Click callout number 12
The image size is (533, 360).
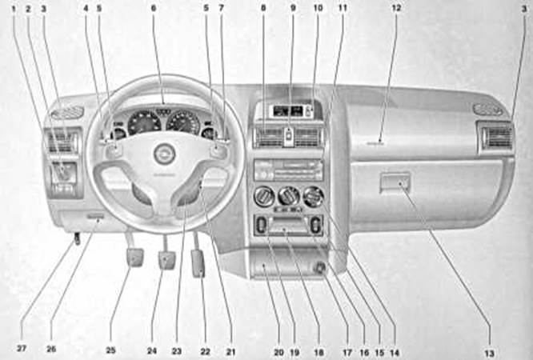tap(395, 8)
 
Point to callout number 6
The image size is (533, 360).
tap(153, 8)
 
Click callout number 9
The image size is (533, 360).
tap(292, 8)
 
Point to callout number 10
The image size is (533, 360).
tap(318, 8)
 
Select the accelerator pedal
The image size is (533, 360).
tap(197, 262)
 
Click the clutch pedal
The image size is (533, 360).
tap(134, 258)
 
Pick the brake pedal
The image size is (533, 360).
tap(166, 260)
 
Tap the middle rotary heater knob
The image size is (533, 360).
tap(289, 196)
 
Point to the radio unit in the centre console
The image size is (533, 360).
tap(288, 170)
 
